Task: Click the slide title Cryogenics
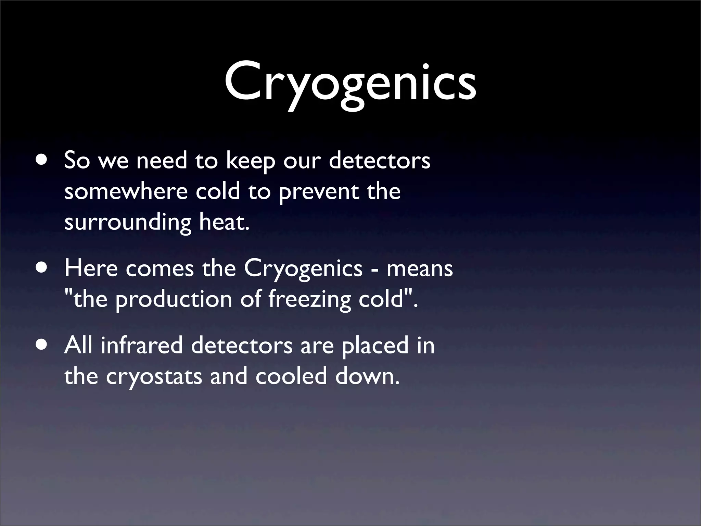click(x=350, y=84)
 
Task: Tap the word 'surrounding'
click(x=128, y=223)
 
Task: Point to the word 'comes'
click(x=160, y=269)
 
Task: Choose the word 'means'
click(x=420, y=269)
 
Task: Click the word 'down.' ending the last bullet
click(x=367, y=376)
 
